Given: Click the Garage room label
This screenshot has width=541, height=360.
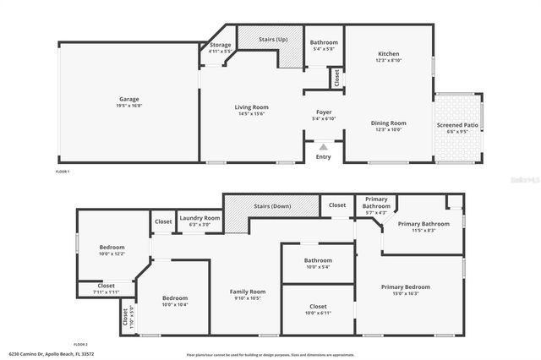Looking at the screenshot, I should tap(128, 100).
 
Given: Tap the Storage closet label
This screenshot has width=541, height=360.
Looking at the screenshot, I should tap(220, 45).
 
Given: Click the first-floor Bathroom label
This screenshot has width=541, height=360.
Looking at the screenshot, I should tap(324, 42).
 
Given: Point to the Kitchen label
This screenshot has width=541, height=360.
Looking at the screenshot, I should tap(388, 54).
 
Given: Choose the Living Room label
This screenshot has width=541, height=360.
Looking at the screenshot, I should tap(251, 107).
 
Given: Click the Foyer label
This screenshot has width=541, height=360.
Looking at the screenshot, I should tap(324, 112).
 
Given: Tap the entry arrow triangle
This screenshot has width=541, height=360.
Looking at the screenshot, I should tap(323, 146).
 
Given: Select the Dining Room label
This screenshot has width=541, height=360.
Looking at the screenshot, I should tap(388, 123).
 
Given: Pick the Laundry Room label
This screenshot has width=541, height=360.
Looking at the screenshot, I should tap(199, 218).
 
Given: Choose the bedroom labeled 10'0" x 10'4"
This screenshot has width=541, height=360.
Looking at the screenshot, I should tap(174, 298).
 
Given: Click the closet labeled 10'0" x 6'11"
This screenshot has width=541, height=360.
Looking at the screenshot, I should tap(318, 307).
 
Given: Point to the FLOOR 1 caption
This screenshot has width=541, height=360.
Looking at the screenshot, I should tap(63, 172).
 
